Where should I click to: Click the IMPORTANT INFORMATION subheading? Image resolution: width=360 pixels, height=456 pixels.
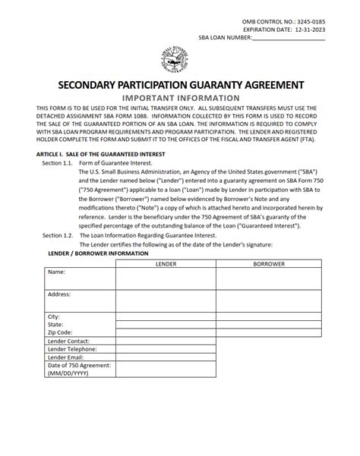point(180,98)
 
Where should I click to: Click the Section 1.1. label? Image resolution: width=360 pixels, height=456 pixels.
point(58,163)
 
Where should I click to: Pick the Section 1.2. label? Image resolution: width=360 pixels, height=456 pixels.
point(58,236)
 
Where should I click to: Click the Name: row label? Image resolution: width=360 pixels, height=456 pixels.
point(56,272)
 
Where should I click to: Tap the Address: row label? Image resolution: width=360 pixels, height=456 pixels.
point(59,294)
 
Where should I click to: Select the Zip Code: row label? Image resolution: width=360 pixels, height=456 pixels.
point(60,332)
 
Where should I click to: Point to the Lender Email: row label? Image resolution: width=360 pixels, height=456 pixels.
point(66,357)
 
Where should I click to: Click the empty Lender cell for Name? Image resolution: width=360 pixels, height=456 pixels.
point(166,278)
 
